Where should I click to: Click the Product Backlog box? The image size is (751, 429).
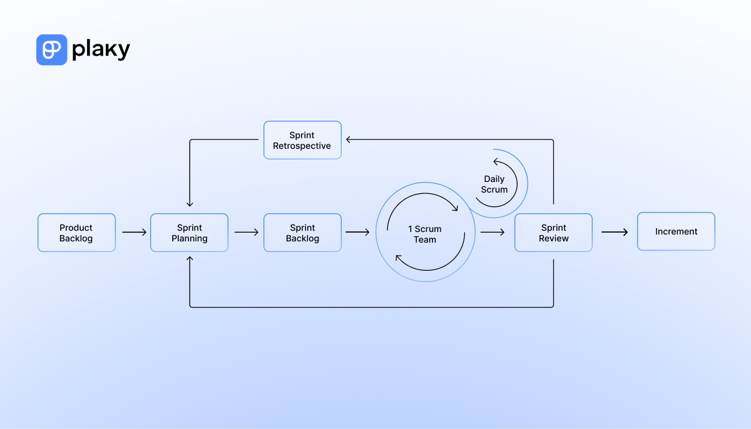click(76, 233)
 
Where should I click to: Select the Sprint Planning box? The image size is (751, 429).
click(189, 233)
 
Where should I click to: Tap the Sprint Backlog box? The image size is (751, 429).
click(302, 233)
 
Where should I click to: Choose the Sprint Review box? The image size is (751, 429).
click(553, 233)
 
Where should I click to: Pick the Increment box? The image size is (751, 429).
click(676, 231)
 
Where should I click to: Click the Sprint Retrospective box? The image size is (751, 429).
click(302, 140)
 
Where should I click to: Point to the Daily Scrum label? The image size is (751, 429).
click(494, 184)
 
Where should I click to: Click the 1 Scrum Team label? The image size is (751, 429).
click(424, 234)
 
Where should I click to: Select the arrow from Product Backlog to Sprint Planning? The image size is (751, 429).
click(134, 232)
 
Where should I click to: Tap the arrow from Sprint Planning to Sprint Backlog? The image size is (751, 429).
click(247, 232)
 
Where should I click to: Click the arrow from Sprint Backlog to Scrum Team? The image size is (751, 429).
click(357, 232)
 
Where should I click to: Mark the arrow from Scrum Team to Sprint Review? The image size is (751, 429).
click(493, 232)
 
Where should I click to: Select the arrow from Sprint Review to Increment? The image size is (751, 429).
click(615, 232)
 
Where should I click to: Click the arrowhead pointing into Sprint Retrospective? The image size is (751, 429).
click(348, 140)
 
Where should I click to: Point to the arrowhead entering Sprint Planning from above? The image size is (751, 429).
click(190, 204)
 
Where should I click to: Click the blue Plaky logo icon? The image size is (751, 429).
click(51, 50)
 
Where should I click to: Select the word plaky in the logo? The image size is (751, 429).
click(101, 50)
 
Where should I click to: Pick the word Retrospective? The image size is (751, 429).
click(302, 146)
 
